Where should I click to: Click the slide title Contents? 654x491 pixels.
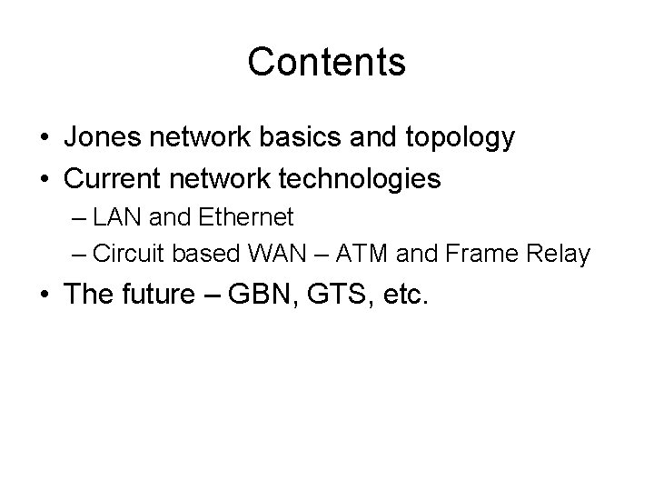[326, 62]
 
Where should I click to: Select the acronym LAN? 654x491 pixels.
[114, 217]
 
